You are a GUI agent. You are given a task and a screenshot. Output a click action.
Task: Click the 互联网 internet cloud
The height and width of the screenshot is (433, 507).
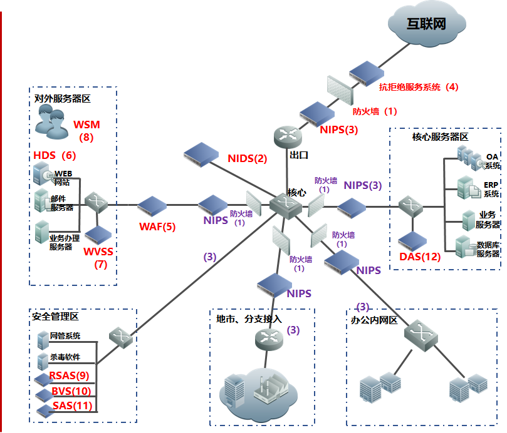(427, 23)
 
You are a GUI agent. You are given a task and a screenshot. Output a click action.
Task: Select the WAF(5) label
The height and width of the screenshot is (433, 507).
(157, 227)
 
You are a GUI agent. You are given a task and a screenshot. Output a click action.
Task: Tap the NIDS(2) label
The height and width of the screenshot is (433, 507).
(248, 158)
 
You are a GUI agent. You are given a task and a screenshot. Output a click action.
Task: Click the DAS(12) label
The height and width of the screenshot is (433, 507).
(420, 257)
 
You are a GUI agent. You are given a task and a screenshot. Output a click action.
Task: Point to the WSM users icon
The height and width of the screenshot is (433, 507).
(52, 123)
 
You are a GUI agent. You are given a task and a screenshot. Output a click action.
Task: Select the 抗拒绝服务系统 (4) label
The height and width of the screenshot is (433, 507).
(419, 87)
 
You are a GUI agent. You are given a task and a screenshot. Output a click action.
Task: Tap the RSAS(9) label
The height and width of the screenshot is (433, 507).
(69, 375)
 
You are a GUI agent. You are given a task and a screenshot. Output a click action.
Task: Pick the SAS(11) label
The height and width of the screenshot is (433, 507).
(73, 405)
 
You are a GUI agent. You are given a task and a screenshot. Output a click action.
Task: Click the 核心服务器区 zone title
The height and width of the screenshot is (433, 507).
(440, 137)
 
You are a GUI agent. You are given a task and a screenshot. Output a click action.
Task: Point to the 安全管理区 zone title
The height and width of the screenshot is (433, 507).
(55, 317)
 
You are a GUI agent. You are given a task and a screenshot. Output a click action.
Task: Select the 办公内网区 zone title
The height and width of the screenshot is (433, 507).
(374, 320)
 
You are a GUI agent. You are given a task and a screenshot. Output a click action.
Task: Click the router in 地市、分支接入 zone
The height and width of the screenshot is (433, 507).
(269, 340)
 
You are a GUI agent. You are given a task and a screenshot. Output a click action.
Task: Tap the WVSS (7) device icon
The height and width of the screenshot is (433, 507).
(98, 235)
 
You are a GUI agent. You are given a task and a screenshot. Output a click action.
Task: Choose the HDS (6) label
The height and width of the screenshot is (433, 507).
(55, 155)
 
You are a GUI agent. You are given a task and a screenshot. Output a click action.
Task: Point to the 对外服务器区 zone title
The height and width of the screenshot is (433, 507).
(63, 98)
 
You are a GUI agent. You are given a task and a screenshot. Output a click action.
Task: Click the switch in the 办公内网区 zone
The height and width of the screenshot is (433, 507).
(421, 335)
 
